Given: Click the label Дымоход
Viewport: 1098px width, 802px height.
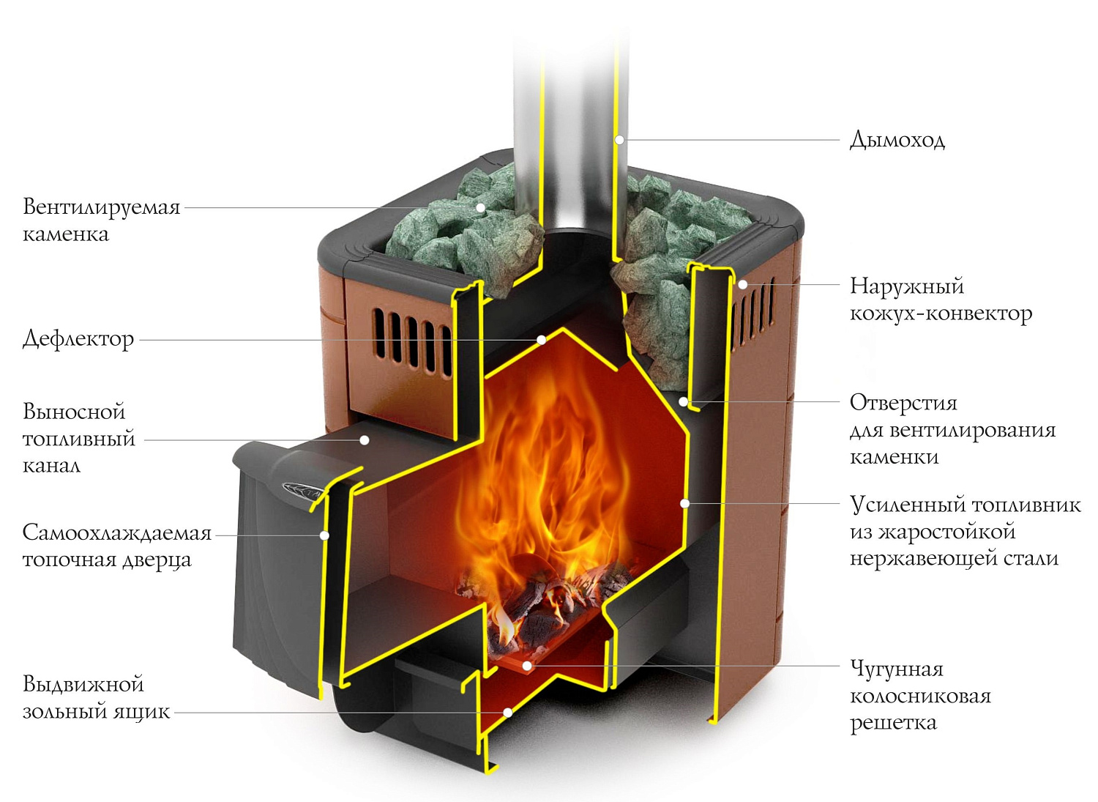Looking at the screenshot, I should [897, 139].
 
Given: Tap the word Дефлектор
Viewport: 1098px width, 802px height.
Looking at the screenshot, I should [78, 338].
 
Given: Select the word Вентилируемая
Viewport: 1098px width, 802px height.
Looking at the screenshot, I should [101, 207].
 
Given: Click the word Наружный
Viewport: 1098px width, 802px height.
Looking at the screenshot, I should [906, 286].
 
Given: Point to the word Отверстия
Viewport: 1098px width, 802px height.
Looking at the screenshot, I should [903, 402].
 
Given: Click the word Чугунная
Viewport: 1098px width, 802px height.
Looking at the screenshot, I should [896, 668].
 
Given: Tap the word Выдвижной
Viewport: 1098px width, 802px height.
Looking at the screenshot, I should [83, 684].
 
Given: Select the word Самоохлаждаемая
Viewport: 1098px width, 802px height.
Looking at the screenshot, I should [116, 532].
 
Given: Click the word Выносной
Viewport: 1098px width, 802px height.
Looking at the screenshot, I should [74, 411].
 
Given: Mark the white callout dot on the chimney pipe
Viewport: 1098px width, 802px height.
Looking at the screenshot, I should [619, 139].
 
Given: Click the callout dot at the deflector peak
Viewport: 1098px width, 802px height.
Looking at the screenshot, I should [542, 340].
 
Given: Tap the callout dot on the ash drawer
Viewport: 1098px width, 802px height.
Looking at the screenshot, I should [507, 712].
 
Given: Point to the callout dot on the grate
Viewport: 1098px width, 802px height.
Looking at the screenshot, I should [527, 666].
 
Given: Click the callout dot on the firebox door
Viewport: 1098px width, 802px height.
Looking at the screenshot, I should [324, 535].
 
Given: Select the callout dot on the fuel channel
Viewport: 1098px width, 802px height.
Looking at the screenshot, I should [364, 440].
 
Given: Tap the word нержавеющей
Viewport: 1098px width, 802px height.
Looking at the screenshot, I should [919, 559].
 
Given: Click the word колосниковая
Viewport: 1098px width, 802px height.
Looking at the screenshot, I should [920, 696].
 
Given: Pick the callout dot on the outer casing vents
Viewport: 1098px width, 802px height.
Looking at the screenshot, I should [742, 284].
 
